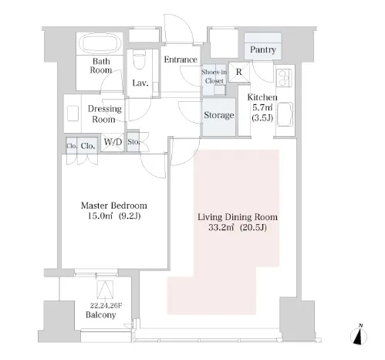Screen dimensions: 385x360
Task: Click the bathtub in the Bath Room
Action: coord(100,43)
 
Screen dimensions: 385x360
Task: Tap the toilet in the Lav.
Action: coord(140,59)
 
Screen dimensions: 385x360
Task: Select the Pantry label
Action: coord(263,49)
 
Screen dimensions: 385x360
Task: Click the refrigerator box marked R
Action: coord(239,73)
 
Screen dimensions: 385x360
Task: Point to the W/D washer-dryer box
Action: coord(113,142)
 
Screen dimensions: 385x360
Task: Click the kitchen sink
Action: coord(285,114)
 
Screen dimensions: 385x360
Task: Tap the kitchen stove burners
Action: coord(285,77)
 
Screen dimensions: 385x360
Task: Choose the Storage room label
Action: coord(219,115)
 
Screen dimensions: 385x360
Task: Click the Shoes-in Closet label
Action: coord(214,76)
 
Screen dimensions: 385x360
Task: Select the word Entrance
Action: coord(181,59)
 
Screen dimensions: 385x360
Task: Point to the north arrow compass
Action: coord(359,335)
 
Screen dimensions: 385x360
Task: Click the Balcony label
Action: coord(101,315)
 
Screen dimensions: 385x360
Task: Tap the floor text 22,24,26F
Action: coord(106,306)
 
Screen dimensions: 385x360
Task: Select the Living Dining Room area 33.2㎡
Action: coord(221,228)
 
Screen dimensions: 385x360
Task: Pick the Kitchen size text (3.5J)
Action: coord(262,118)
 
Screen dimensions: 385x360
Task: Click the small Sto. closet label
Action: coord(133,141)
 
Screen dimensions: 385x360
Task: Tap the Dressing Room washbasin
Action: coord(73,114)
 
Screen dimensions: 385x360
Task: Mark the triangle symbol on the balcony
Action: coord(105,290)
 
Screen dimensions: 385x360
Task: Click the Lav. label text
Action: coord(140,83)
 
